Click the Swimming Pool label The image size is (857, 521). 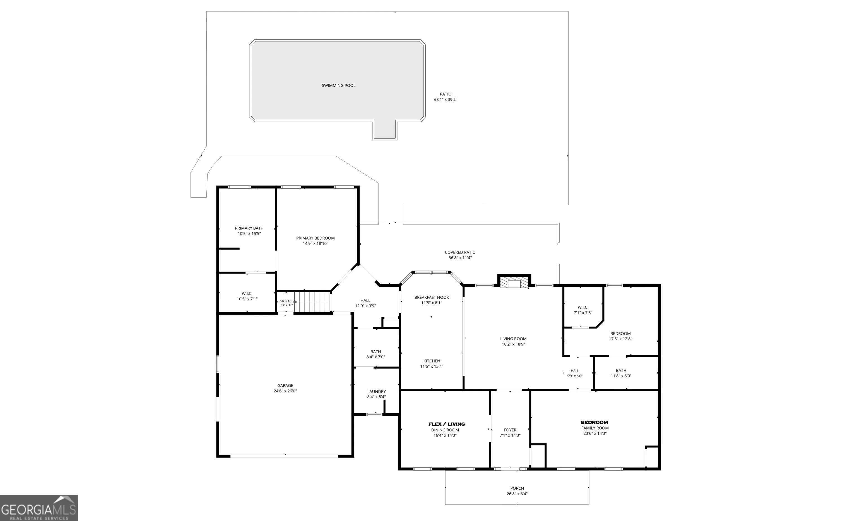338,86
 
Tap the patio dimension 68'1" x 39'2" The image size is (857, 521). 446,100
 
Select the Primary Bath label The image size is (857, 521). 249,228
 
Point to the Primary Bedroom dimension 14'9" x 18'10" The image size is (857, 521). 316,243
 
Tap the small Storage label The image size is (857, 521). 287,301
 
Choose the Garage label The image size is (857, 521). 285,385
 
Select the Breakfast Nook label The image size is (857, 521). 432,297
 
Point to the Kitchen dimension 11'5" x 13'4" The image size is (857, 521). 432,366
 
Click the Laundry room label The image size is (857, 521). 376,391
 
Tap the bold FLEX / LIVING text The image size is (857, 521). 447,424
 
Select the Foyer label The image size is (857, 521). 510,430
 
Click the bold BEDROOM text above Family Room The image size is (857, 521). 594,423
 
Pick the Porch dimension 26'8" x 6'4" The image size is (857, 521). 517,493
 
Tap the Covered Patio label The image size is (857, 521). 460,252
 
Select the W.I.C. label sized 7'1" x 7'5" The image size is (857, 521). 583,307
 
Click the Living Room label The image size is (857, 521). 513,339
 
